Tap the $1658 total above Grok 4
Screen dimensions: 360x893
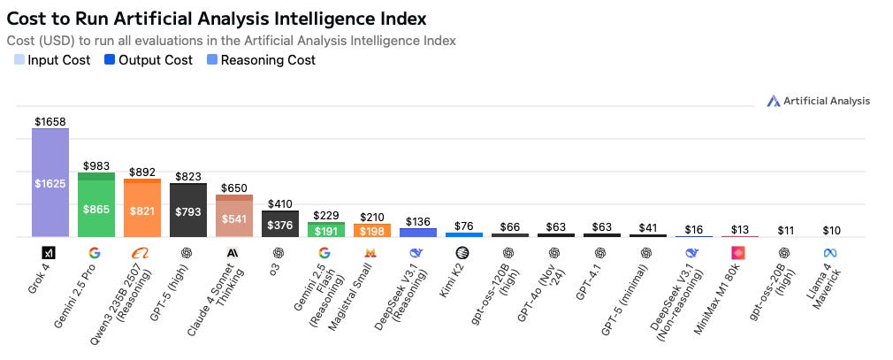[x=50, y=121]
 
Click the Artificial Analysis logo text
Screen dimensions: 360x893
[x=826, y=101]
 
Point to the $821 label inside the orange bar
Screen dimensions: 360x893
[x=142, y=211]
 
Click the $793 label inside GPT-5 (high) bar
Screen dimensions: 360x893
[x=188, y=212]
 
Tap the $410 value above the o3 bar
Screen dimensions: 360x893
[x=280, y=203]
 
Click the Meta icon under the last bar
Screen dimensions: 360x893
[x=831, y=252]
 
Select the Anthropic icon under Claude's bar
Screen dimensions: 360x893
[x=234, y=252]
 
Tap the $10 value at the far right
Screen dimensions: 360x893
[x=831, y=230]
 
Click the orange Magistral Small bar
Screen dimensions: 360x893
[x=372, y=231]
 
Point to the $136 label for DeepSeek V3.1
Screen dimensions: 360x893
[x=418, y=221]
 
